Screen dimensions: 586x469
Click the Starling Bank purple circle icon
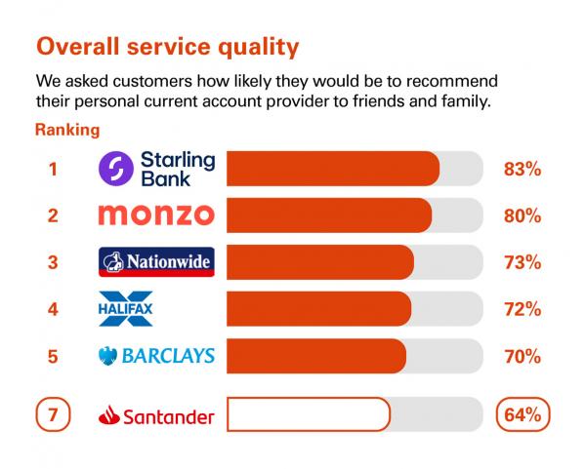pos(116,169)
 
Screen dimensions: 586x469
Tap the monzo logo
pos(156,215)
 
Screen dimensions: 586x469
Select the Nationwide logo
pos(156,262)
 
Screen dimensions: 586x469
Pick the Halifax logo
pos(126,308)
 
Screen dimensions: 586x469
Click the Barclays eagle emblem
pos(107,356)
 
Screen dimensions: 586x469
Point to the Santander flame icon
pos(109,415)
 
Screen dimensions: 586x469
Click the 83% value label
pos(523,169)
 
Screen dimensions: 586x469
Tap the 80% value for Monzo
pos(523,216)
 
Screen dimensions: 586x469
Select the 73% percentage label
pos(523,262)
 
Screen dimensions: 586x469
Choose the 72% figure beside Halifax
pos(523,310)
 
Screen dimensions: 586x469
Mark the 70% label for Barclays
pos(523,357)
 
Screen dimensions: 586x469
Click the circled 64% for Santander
pos(523,414)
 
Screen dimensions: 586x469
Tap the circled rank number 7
pos(53,414)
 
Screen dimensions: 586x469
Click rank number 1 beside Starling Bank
pos(53,169)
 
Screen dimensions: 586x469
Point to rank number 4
pos(53,310)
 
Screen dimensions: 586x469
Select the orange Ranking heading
pos(67,131)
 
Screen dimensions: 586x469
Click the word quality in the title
pos(258,48)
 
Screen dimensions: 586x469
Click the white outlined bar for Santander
pos(309,414)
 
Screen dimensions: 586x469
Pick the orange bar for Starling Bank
pos(333,169)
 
